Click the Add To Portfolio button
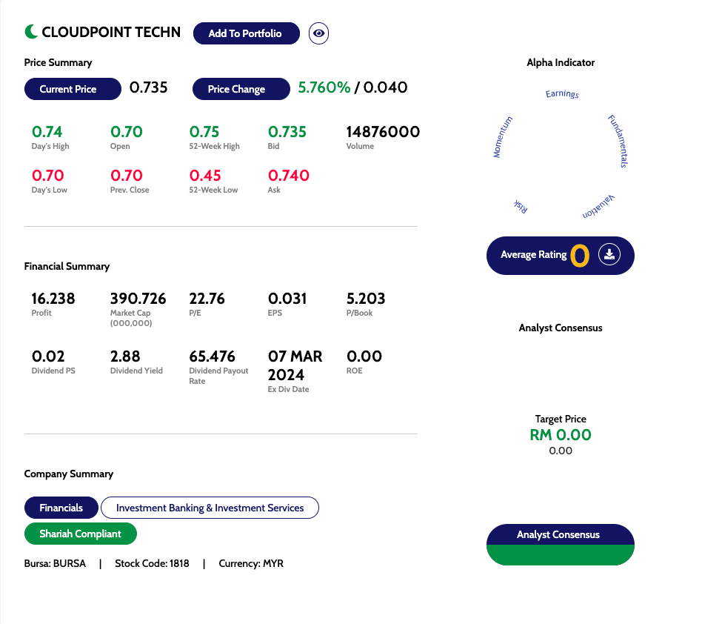coord(246,33)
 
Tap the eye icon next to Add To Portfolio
coord(318,33)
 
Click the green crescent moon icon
coord(31,32)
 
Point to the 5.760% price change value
coord(324,87)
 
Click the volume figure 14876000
coord(383,132)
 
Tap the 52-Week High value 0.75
coord(204,132)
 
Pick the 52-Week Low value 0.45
coord(204,176)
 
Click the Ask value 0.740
coord(289,176)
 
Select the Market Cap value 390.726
coord(138,299)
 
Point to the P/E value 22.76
coord(207,299)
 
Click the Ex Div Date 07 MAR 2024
coord(295,365)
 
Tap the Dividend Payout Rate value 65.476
coord(213,356)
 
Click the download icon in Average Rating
coord(609,255)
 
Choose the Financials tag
coord(61,508)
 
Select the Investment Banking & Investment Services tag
coord(210,508)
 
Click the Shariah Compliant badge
coord(80,534)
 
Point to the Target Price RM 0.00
coord(561,435)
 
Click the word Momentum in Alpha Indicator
coord(503,137)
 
